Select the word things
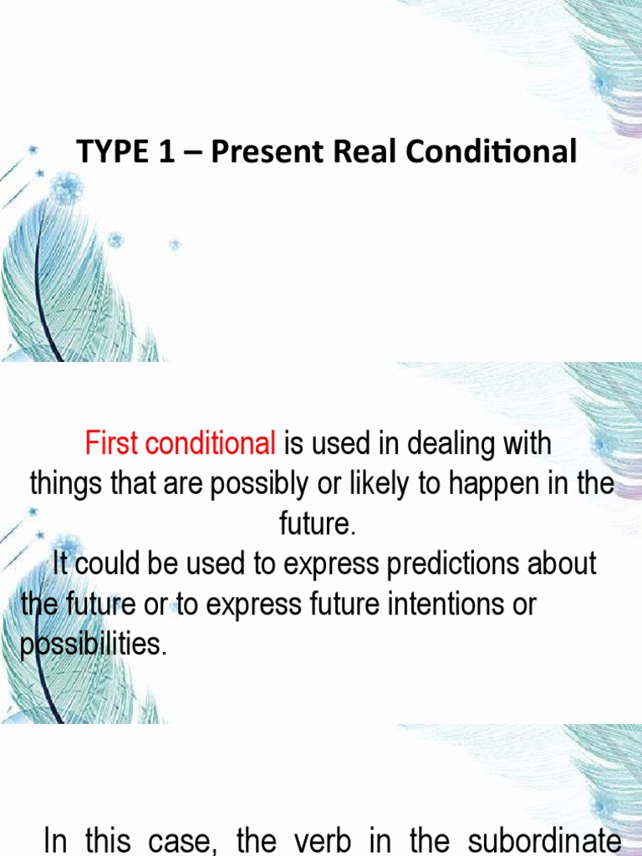[65, 484]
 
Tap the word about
[566, 564]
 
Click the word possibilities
[93, 645]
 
